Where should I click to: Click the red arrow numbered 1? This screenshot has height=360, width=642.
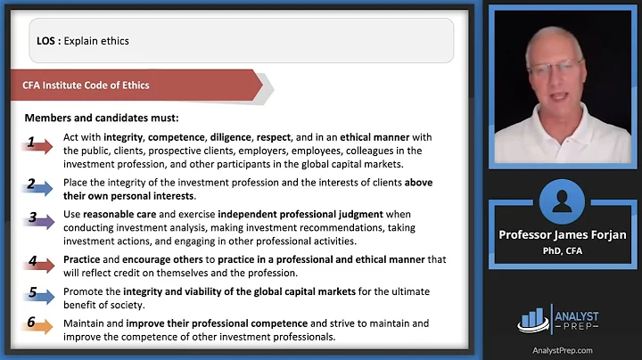[38, 143]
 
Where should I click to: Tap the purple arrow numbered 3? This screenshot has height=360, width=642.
[38, 219]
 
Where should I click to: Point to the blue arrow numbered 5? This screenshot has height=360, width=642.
[38, 294]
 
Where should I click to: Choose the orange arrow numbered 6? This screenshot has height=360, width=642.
[38, 326]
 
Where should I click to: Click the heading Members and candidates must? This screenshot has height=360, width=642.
[101, 118]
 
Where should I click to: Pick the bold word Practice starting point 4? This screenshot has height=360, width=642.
[83, 259]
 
